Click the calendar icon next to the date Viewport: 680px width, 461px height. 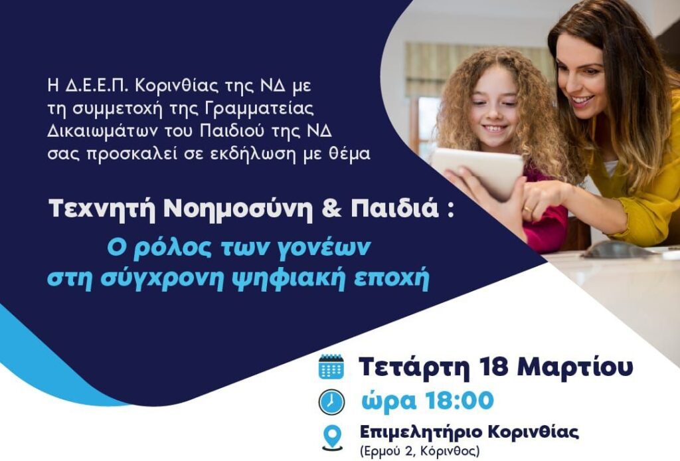click(331, 367)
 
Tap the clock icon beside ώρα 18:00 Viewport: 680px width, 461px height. click(331, 402)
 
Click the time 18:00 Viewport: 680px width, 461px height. click(460, 400)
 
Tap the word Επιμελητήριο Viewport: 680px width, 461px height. click(420, 433)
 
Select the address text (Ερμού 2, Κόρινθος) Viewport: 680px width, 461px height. click(420, 451)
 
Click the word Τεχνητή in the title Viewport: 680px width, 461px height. click(102, 209)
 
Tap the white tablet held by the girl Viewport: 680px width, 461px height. click(477, 171)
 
